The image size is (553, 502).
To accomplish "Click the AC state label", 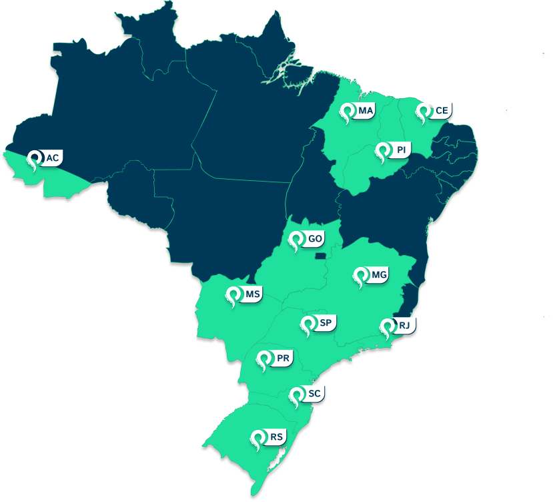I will [53, 158].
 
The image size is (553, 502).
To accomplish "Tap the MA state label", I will [366, 110].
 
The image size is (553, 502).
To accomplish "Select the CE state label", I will [442, 110].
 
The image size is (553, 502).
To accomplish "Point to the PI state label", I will [401, 150].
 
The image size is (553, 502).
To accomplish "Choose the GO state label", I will [316, 238].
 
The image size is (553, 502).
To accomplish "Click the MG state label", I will [380, 274].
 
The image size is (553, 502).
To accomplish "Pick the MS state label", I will [252, 294].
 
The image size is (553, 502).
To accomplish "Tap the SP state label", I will [326, 323].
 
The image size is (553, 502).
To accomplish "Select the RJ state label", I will [405, 325].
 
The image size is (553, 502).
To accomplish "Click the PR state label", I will [283, 358].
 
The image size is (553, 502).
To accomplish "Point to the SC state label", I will [315, 394].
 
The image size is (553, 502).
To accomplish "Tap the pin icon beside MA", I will [348, 111].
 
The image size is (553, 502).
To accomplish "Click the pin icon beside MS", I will [233, 296].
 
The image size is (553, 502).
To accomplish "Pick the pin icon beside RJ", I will [387, 326].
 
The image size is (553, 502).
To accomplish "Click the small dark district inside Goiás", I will [322, 254].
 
